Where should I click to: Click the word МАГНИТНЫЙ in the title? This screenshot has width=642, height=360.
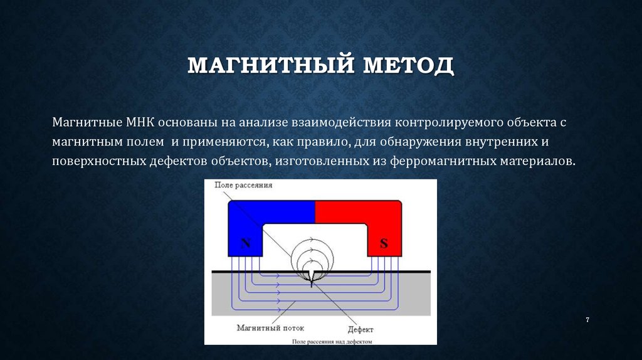(271, 65)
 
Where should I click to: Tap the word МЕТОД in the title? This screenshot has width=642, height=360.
(408, 66)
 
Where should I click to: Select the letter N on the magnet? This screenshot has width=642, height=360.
(246, 244)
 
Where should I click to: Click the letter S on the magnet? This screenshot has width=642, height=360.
(384, 244)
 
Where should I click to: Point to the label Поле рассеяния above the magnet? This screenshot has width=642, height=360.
(243, 185)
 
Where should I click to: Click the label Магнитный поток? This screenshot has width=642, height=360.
(271, 327)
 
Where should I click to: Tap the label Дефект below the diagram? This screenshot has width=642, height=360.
(360, 329)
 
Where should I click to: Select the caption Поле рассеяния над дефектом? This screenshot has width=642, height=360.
(332, 342)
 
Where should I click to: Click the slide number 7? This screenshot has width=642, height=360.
(587, 320)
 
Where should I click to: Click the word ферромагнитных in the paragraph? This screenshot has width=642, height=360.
(443, 161)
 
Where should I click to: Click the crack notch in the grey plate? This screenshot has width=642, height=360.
(312, 278)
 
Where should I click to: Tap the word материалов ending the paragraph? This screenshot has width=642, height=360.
(537, 161)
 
